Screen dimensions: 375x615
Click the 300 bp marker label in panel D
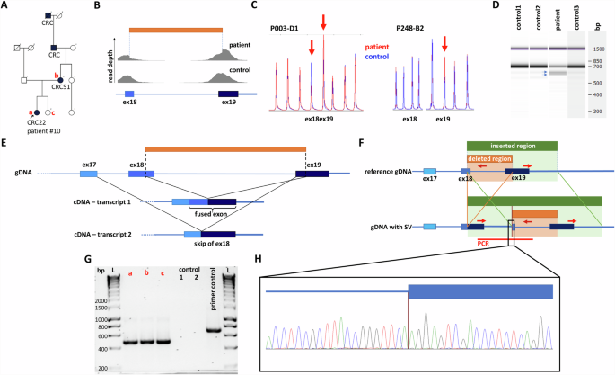[597, 112]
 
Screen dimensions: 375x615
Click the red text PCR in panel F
[483, 242]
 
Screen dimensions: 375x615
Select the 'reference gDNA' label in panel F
[388, 169]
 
